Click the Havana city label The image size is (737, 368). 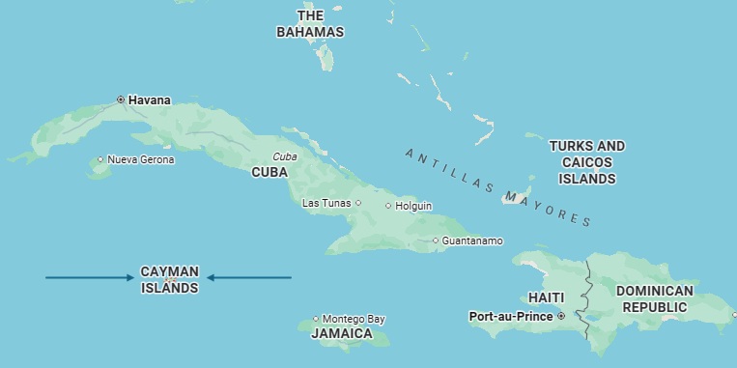(150, 99)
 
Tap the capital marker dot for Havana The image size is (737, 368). (121, 99)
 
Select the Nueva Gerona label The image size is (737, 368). (141, 159)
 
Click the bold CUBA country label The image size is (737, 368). (269, 172)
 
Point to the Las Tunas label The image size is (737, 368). (326, 203)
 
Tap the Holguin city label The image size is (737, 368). (413, 206)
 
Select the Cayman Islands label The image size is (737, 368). (170, 280)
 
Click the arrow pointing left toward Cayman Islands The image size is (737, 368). (249, 278)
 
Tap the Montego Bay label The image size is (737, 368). (354, 319)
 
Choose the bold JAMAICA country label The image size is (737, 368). (342, 334)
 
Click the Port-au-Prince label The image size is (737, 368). (511, 316)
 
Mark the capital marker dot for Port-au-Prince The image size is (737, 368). (561, 316)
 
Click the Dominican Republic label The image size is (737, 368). (655, 298)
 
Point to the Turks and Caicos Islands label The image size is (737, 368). (587, 162)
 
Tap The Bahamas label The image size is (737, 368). (310, 24)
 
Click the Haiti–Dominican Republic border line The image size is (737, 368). (585, 290)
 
